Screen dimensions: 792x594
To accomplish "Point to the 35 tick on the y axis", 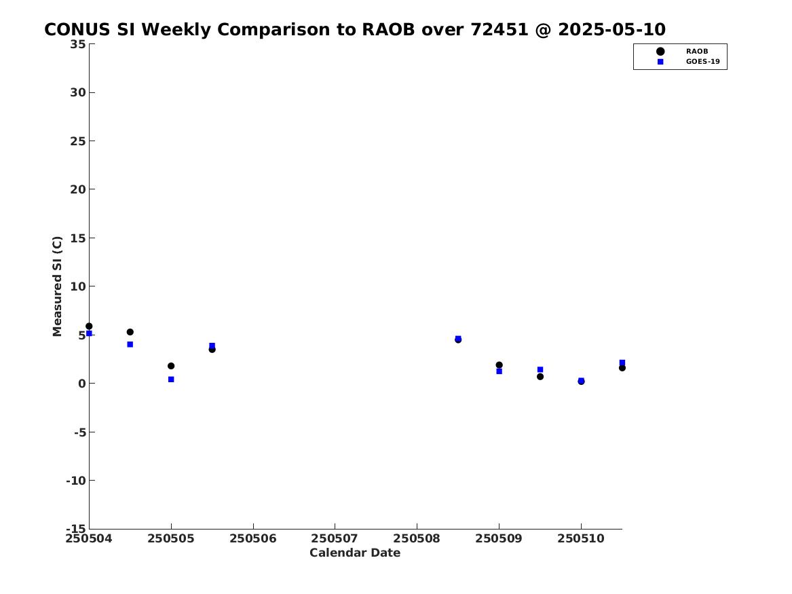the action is pyautogui.click(x=78, y=44).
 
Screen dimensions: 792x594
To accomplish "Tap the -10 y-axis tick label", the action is pyautogui.click(x=76, y=481).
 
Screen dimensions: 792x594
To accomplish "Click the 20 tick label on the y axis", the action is pyautogui.click(x=78, y=189).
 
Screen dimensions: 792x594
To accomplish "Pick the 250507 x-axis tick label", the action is pyautogui.click(x=335, y=538).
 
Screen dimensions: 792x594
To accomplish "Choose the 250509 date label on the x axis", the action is pyautogui.click(x=499, y=538).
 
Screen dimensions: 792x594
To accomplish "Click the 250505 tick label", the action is pyautogui.click(x=171, y=538).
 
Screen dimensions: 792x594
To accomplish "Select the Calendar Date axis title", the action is pyautogui.click(x=355, y=553).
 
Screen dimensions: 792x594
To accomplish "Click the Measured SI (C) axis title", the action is pyautogui.click(x=57, y=286).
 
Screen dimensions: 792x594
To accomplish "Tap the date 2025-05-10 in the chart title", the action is pyautogui.click(x=611, y=30).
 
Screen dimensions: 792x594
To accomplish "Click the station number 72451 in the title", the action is pyautogui.click(x=499, y=30).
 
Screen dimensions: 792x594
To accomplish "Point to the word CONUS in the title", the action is pyautogui.click(x=77, y=30).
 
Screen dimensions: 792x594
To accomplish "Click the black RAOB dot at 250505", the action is pyautogui.click(x=171, y=366).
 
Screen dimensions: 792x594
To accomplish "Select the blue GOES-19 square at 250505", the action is pyautogui.click(x=171, y=379).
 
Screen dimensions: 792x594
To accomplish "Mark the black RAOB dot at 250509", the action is pyautogui.click(x=499, y=365).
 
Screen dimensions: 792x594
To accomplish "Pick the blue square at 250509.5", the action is pyautogui.click(x=540, y=370).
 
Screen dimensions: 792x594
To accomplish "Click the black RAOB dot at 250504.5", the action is pyautogui.click(x=130, y=332).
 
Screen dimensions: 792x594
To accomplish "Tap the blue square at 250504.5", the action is pyautogui.click(x=130, y=344).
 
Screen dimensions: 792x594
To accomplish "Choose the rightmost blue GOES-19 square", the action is pyautogui.click(x=622, y=363).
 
